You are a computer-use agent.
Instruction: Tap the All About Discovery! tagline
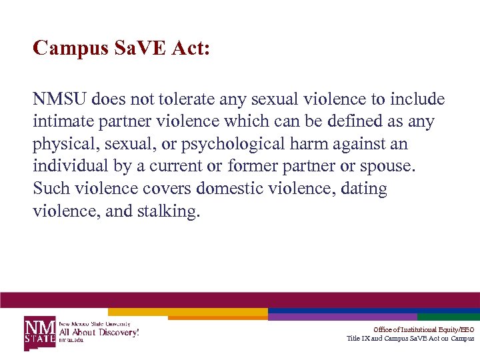coord(99,332)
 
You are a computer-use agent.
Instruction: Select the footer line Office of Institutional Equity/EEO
coord(423,329)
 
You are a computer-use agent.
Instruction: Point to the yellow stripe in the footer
coord(187,311)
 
